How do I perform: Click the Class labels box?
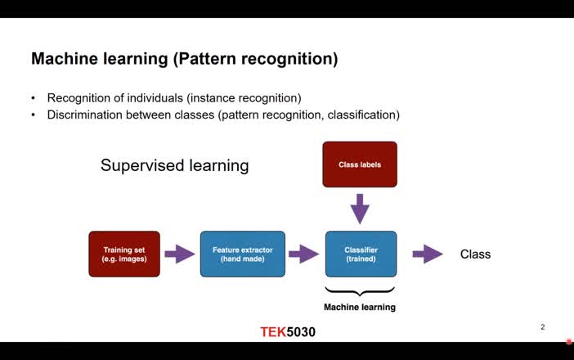pyautogui.click(x=360, y=164)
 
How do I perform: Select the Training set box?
pyautogui.click(x=124, y=254)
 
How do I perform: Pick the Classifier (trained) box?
pyautogui.click(x=361, y=254)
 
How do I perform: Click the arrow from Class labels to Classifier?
pyautogui.click(x=360, y=208)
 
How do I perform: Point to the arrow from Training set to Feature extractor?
pyautogui.click(x=180, y=254)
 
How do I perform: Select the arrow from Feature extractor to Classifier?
pyautogui.click(x=303, y=254)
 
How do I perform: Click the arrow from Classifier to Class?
pyautogui.click(x=427, y=254)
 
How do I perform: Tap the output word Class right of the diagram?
pyautogui.click(x=475, y=254)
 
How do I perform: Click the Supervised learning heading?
pyautogui.click(x=174, y=165)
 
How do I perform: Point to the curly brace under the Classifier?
pyautogui.click(x=361, y=290)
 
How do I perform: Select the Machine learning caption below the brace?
pyautogui.click(x=360, y=308)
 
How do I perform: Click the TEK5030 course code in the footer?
pyautogui.click(x=288, y=332)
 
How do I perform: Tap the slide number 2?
pyautogui.click(x=542, y=327)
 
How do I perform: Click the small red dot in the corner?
pyautogui.click(x=569, y=341)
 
